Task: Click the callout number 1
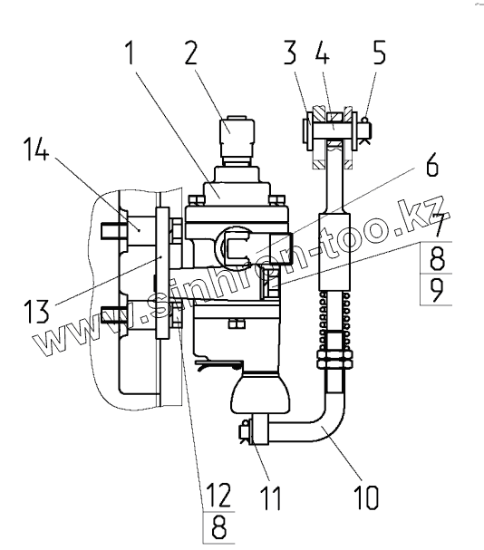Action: pos(130,53)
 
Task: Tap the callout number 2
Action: pos(191,53)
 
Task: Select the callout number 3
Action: pos(290,53)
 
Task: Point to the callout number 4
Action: pos(323,53)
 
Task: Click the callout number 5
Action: pos(379,53)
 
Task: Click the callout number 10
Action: pos(367,497)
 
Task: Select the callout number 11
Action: pos(271,497)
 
